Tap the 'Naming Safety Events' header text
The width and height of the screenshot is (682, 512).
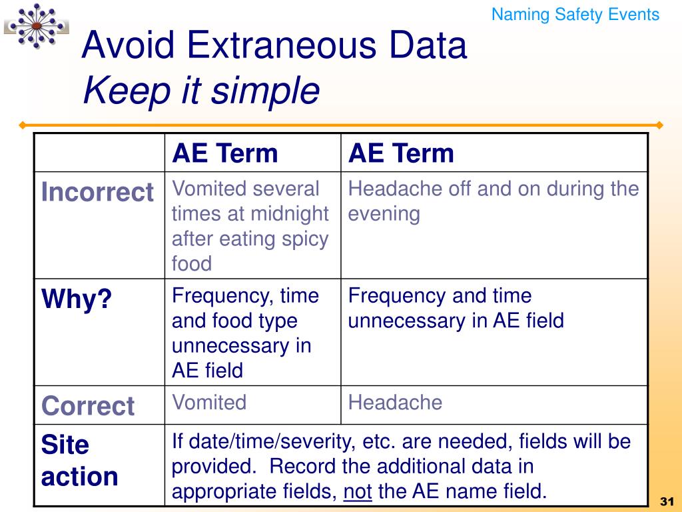[x=575, y=15]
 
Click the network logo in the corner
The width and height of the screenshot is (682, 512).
[x=36, y=25]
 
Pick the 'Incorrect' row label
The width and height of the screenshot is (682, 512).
[x=97, y=193]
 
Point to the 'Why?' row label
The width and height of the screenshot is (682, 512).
[x=77, y=300]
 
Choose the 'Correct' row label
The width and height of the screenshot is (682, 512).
[x=88, y=405]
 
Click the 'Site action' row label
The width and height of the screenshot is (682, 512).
[x=79, y=461]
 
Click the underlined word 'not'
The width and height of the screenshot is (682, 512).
[x=358, y=492]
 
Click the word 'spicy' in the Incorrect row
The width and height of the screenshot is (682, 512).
[x=303, y=239]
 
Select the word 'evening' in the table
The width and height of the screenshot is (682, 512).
[x=384, y=214]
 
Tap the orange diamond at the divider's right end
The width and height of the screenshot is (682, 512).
[x=659, y=125]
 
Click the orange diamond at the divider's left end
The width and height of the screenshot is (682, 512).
[x=23, y=125]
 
